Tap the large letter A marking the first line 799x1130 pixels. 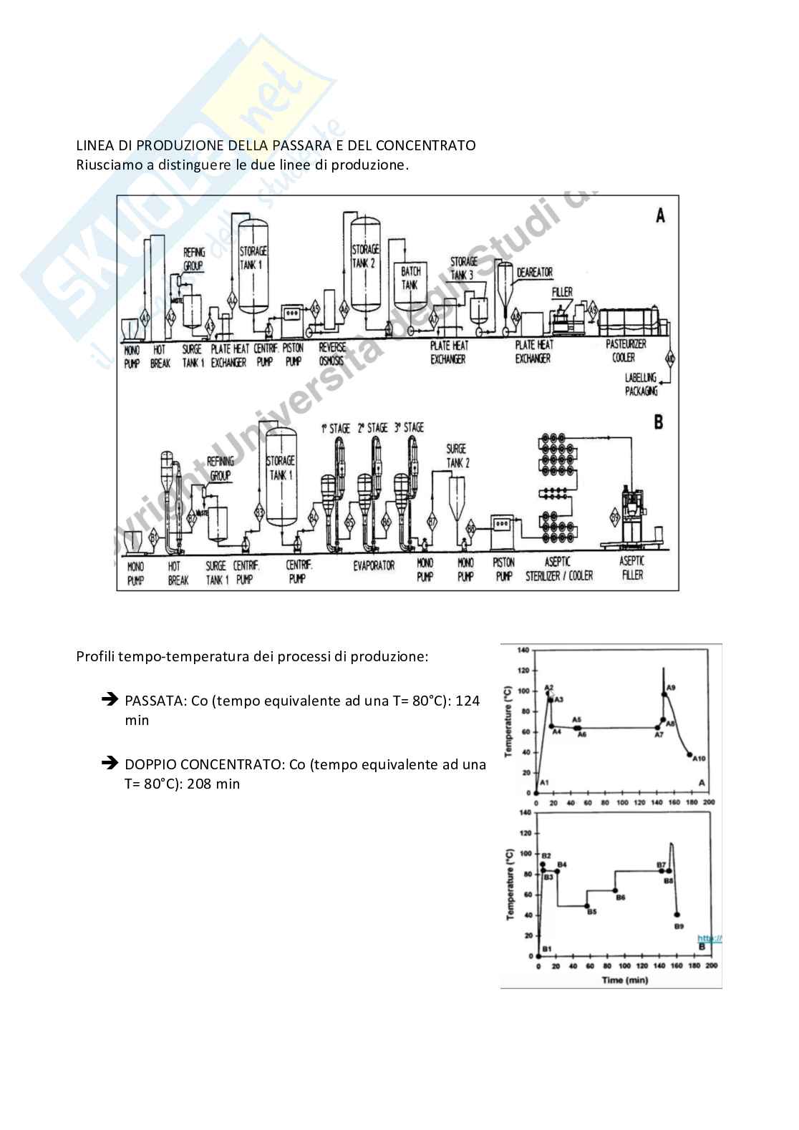pos(659,215)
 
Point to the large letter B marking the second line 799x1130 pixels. pos(659,422)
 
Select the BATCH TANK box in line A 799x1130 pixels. pos(410,278)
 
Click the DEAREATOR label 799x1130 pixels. pos(536,273)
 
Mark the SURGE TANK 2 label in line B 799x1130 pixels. pos(456,455)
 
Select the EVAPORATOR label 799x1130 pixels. pos(373,565)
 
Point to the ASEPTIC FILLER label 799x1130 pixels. pos(631,568)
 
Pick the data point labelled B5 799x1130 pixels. pos(587,906)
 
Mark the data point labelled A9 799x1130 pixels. pos(664,693)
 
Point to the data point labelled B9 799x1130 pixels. pos(677,915)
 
